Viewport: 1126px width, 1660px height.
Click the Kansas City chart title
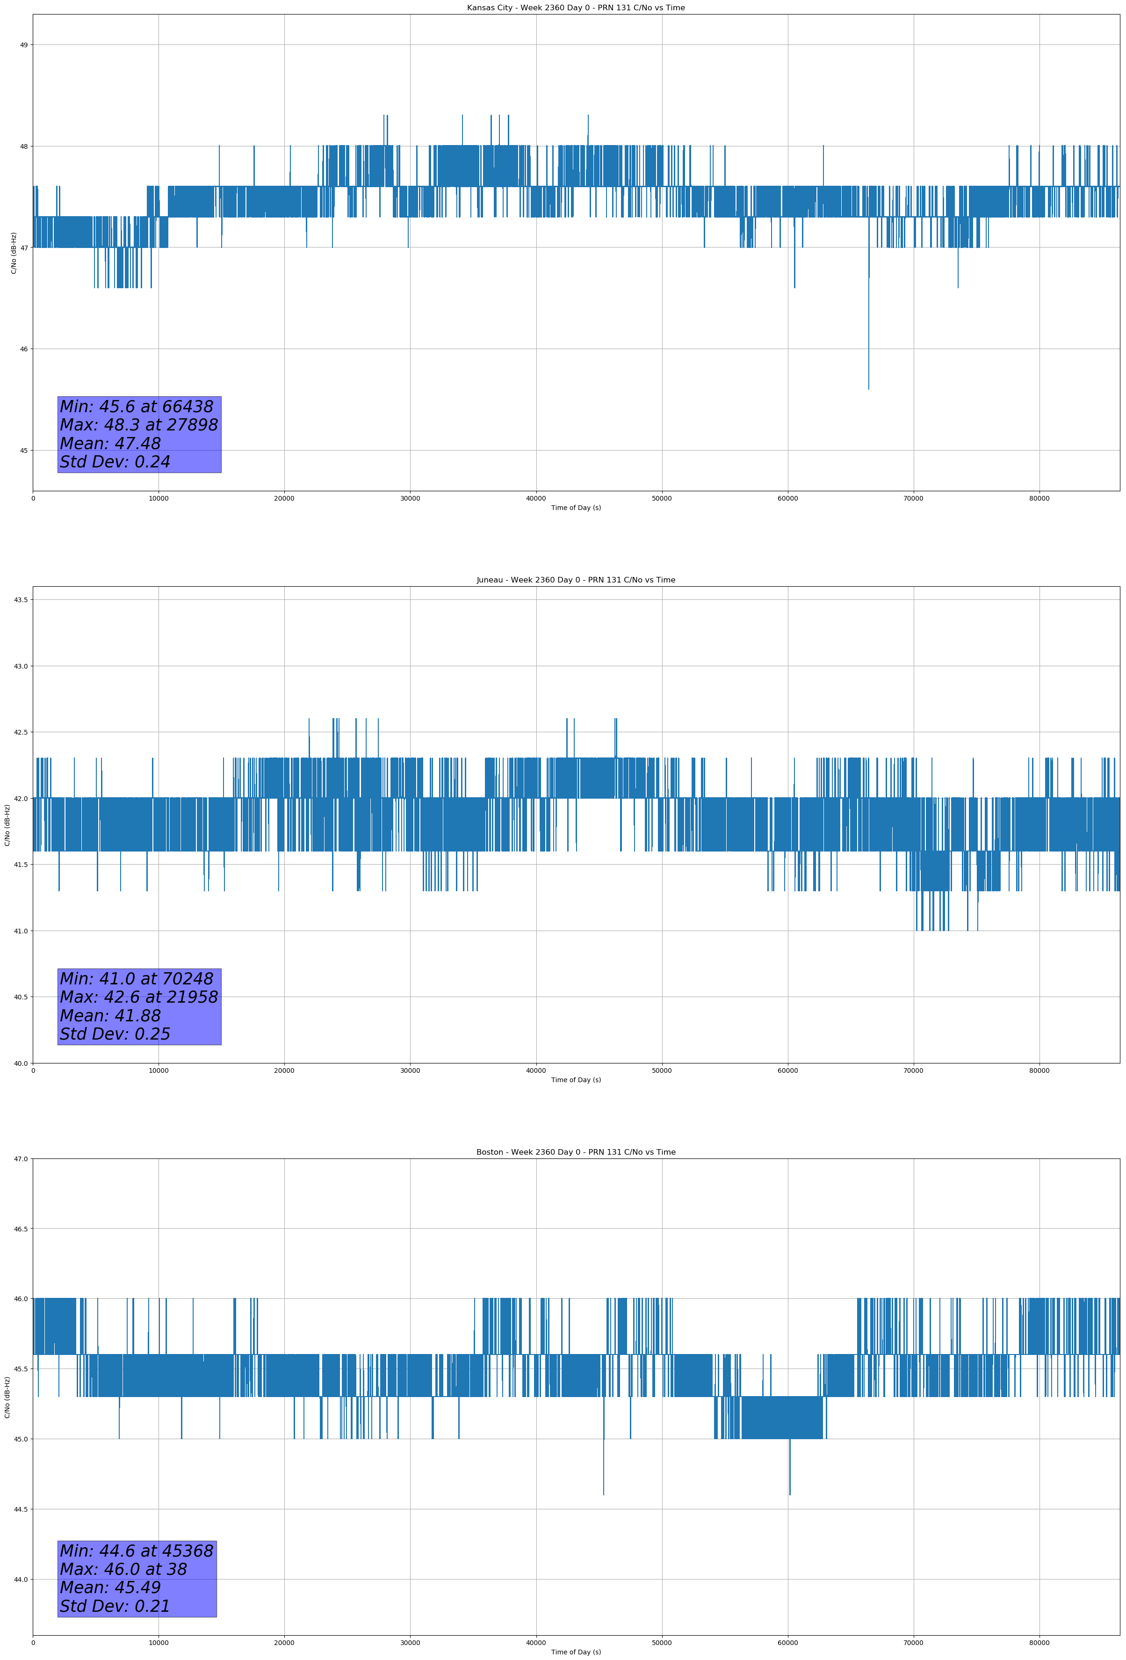(576, 8)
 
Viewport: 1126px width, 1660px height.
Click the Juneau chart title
(576, 580)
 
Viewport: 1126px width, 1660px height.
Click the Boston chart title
(576, 1152)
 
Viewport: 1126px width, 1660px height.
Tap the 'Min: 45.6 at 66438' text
(137, 407)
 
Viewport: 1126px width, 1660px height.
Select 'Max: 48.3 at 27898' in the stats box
(138, 425)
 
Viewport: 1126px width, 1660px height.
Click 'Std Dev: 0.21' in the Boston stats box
(115, 1606)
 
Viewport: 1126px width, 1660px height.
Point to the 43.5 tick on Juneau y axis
(21, 599)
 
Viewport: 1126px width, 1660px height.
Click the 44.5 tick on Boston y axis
(21, 1509)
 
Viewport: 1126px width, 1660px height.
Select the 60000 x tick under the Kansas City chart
(787, 499)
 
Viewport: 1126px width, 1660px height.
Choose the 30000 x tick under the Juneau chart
(410, 1070)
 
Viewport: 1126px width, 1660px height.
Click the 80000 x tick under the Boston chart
(1039, 1643)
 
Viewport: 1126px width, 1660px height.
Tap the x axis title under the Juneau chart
(576, 1080)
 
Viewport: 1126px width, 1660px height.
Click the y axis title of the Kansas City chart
(14, 253)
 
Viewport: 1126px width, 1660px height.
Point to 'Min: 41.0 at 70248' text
(137, 979)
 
